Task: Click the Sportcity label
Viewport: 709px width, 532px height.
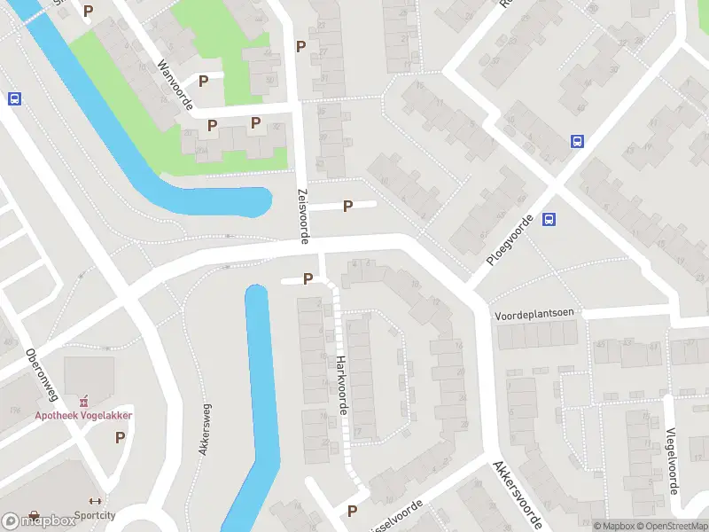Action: (96, 514)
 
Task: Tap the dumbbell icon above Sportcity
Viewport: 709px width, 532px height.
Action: (96, 501)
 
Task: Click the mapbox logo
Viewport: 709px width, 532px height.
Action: (39, 520)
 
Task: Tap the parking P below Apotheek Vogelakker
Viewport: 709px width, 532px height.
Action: (120, 437)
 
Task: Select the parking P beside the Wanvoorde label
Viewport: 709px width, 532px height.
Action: (203, 82)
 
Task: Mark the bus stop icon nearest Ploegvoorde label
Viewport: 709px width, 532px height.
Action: (549, 220)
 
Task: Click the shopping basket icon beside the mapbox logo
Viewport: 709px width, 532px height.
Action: (34, 515)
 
